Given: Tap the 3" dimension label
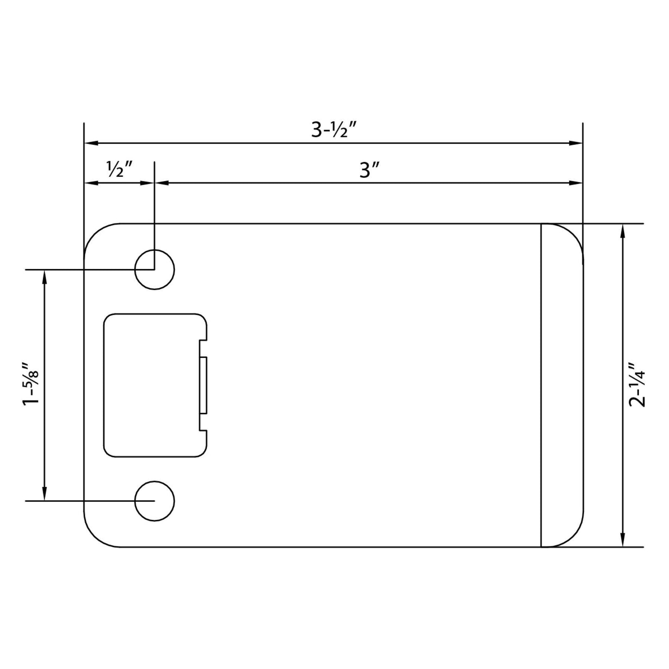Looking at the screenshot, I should tap(369, 171).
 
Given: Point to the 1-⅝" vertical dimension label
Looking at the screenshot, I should tap(31, 384).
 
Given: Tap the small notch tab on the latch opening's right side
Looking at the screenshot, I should tap(204, 385).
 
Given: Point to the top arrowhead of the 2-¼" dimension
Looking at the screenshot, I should tap(624, 231).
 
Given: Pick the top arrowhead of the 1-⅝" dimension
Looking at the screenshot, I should tap(44, 276).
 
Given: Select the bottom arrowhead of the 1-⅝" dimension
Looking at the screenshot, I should tap(44, 494).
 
